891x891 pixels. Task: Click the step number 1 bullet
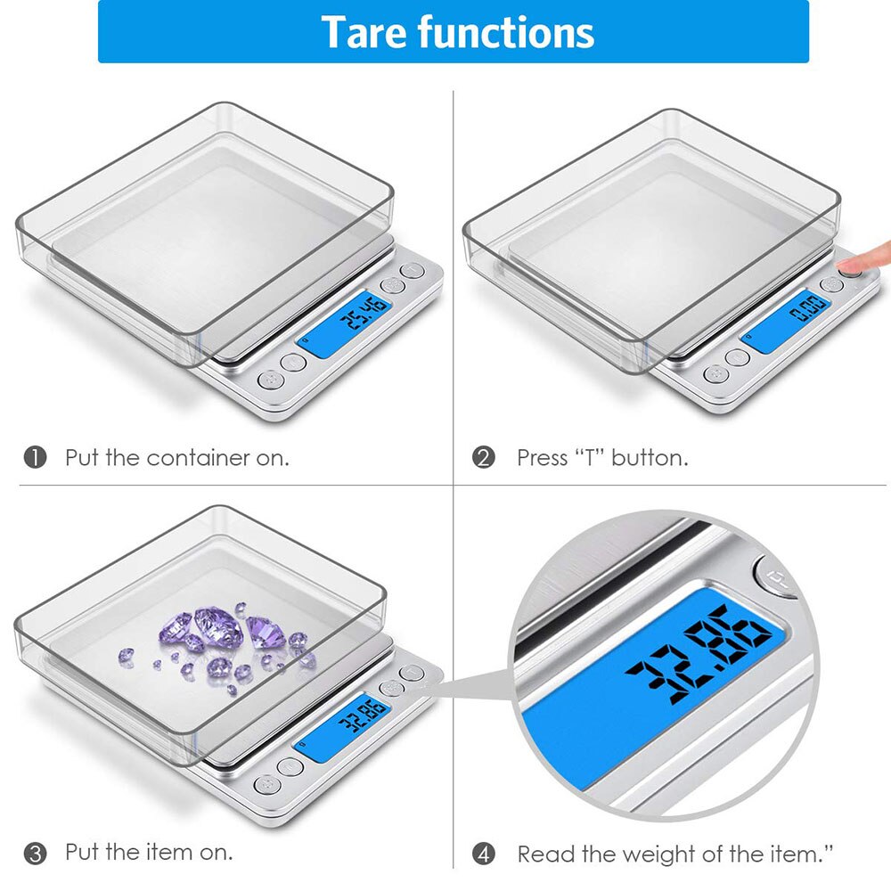(x=35, y=458)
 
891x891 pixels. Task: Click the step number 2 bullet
(x=484, y=458)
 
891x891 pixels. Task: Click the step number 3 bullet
(x=35, y=853)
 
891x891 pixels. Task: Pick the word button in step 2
(x=649, y=458)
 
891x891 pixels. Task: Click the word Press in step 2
(x=542, y=458)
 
